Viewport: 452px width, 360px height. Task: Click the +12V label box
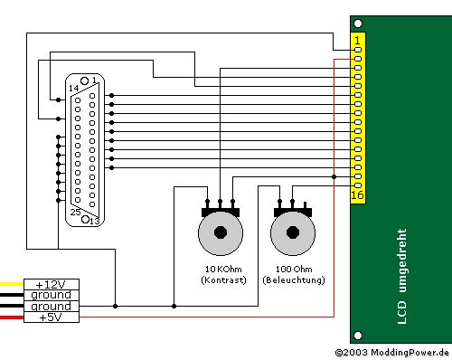tap(52, 284)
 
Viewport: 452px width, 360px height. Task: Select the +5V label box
tap(52, 317)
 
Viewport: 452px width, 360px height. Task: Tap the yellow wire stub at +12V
tap(12, 284)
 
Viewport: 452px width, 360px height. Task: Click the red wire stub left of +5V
tap(12, 317)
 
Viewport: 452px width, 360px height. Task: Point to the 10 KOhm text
tap(223, 269)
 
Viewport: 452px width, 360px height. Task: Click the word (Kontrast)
tap(223, 280)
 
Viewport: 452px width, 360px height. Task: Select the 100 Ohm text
tap(294, 269)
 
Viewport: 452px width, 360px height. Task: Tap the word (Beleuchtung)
tap(294, 280)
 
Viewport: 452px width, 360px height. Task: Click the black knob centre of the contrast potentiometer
tap(221, 232)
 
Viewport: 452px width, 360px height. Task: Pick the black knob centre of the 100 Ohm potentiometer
tap(293, 232)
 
